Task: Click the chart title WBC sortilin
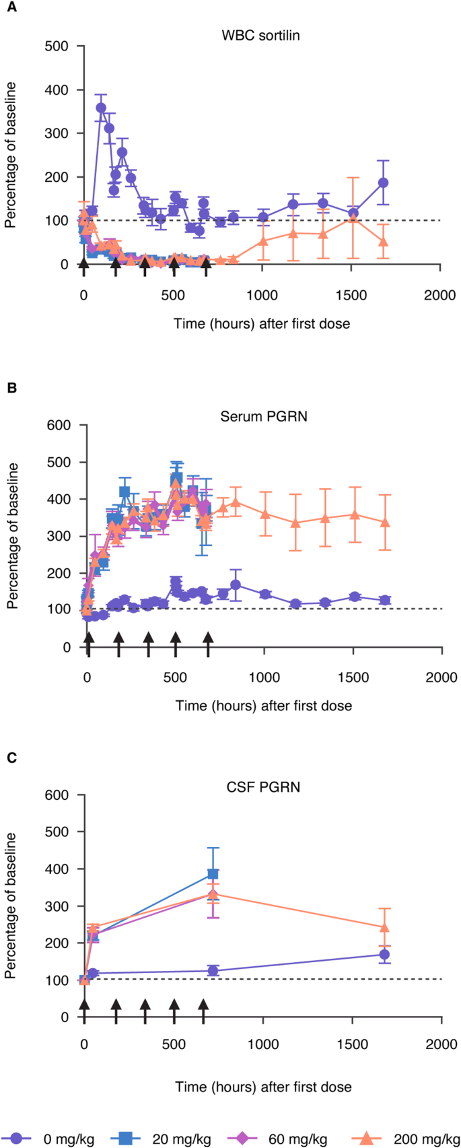click(260, 36)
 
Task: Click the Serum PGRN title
click(264, 416)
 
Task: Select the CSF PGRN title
click(263, 786)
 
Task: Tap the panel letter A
click(11, 7)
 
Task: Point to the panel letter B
click(12, 389)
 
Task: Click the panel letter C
click(12, 757)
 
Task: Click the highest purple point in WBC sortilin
click(101, 108)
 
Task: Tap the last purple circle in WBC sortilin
click(383, 182)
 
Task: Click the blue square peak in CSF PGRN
click(213, 874)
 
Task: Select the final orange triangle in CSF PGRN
click(385, 927)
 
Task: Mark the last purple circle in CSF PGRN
click(384, 954)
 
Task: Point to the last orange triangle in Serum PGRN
click(385, 522)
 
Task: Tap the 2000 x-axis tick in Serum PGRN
click(441, 677)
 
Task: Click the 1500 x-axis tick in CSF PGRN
click(353, 1044)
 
